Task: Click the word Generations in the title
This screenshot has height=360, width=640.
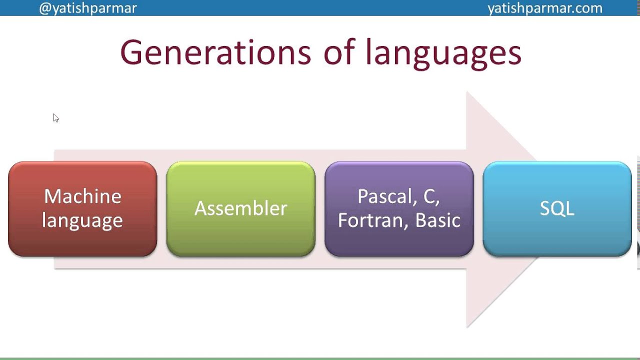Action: click(215, 52)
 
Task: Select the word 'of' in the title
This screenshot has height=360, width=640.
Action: click(340, 52)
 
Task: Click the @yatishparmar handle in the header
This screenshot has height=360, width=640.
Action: click(88, 8)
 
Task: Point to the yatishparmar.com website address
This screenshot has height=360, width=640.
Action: click(544, 8)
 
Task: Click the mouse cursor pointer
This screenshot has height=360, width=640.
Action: click(55, 118)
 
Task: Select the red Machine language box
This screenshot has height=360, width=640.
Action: click(82, 208)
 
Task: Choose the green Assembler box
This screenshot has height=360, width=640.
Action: click(240, 208)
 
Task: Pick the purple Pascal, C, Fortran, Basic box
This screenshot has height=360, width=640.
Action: click(399, 208)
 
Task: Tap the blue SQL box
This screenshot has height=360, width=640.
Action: click(557, 208)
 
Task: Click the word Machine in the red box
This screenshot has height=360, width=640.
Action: click(82, 196)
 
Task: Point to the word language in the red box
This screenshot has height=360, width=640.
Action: click(82, 220)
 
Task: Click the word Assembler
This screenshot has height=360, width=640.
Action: click(240, 208)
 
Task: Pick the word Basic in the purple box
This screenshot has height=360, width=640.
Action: click(437, 220)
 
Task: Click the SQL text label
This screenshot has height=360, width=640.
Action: click(557, 208)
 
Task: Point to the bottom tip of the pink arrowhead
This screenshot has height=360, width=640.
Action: click(467, 327)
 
